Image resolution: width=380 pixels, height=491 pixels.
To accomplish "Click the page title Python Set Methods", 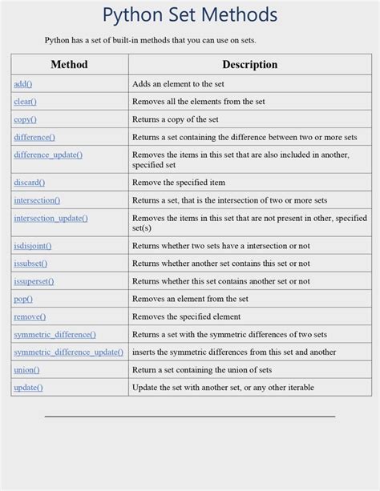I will tap(190, 15).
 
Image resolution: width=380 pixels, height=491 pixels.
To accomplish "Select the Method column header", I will tap(69, 65).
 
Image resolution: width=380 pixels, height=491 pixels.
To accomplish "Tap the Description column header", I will tap(249, 65).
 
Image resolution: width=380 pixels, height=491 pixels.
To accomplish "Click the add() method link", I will tap(22, 84).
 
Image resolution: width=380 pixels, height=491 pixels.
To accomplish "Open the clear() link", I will tap(25, 102).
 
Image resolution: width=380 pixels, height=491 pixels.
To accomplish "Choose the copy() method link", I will tap(25, 119).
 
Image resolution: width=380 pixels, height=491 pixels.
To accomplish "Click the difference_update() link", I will tap(48, 155).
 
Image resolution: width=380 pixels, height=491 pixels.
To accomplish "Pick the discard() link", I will tap(29, 183).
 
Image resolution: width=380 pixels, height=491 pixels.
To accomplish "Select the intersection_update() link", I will tap(51, 218).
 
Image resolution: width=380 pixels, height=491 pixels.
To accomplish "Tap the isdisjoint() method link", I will tap(32, 246).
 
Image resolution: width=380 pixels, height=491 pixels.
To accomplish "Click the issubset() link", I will tap(30, 264).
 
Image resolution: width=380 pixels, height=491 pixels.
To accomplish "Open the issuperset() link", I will tap(34, 281).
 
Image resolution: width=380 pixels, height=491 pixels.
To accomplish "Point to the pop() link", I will tap(23, 299).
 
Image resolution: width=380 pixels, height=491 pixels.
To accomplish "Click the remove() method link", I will tap(30, 316).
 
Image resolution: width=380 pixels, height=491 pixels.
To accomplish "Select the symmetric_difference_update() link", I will tap(68, 352).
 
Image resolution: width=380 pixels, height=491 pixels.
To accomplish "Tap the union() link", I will tap(26, 369).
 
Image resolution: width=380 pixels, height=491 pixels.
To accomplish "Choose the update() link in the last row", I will tap(28, 387).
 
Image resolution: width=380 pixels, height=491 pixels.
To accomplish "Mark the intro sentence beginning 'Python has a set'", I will tap(150, 40).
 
